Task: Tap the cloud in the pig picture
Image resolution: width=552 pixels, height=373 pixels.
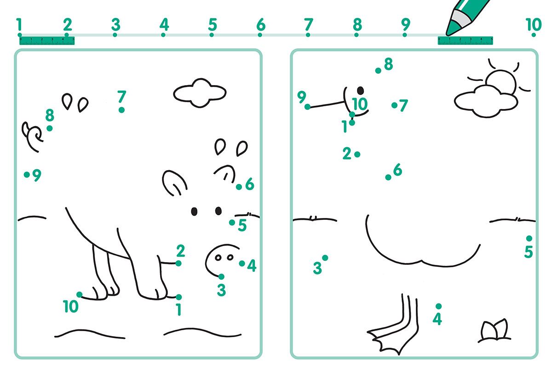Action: tap(200, 93)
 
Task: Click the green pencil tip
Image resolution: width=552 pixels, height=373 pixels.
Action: tap(451, 30)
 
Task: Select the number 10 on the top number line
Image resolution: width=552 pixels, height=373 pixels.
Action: tap(534, 24)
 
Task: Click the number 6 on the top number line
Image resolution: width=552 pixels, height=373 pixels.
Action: tap(261, 24)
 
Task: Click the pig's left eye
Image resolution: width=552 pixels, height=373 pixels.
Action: tap(194, 212)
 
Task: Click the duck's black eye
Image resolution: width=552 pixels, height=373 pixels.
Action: tap(361, 91)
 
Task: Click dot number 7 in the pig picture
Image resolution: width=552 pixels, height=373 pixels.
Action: tap(121, 110)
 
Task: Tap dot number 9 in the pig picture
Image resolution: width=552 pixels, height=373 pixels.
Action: tap(27, 175)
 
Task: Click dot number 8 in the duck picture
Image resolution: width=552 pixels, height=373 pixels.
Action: tap(378, 71)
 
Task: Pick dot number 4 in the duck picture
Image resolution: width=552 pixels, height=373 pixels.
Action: tap(439, 306)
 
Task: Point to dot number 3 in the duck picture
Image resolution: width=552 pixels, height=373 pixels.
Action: tap(325, 258)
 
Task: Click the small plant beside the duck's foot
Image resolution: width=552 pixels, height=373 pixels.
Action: tap(494, 331)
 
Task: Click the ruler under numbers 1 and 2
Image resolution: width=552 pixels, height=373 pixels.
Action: tap(47, 40)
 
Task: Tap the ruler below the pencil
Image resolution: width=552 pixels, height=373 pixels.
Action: tap(465, 40)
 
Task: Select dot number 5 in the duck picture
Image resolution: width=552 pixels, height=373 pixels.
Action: tap(529, 239)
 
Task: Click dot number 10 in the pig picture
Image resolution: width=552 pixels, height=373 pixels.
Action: tap(79, 295)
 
